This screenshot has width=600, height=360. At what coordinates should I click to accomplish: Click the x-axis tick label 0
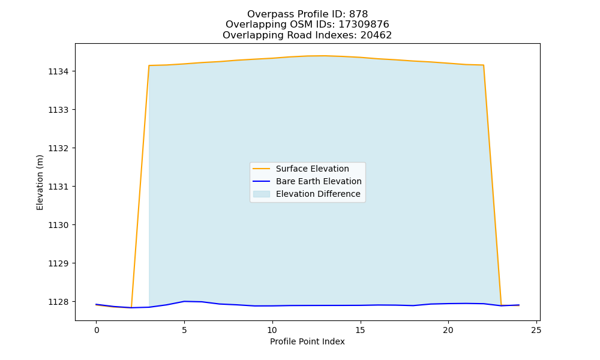(x=97, y=330)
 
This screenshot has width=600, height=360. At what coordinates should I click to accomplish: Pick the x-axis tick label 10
(x=272, y=330)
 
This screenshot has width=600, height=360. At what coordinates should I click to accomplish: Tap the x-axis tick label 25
(x=536, y=330)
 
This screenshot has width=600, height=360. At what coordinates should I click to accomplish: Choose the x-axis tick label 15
(x=360, y=330)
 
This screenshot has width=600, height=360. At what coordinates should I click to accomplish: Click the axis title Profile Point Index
(x=307, y=341)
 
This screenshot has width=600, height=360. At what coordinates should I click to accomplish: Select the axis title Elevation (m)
(x=40, y=182)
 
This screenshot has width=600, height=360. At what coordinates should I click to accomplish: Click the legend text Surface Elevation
(x=312, y=169)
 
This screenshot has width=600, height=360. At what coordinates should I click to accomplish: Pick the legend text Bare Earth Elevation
(x=319, y=181)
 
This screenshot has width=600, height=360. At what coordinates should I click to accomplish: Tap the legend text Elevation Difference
(x=318, y=194)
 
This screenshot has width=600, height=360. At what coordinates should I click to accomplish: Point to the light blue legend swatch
(x=262, y=194)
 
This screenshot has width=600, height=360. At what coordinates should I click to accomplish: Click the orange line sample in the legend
(x=262, y=169)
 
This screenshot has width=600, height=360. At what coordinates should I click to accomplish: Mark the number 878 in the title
(x=358, y=14)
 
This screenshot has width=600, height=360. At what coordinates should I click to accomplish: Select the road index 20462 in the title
(x=376, y=35)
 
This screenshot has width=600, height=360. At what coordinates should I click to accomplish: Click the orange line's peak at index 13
(x=325, y=56)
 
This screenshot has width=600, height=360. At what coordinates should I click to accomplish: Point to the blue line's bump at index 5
(x=184, y=301)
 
